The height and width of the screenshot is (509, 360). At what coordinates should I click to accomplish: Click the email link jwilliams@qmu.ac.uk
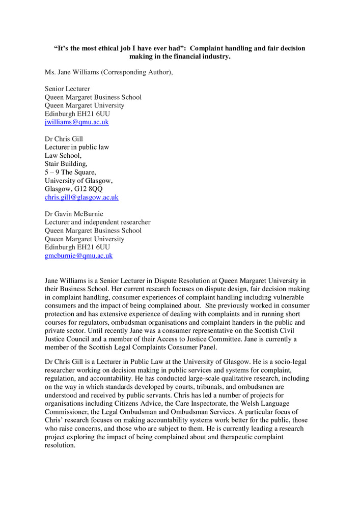pos(76,122)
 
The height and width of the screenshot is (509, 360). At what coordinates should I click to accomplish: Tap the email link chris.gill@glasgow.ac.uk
pos(81,197)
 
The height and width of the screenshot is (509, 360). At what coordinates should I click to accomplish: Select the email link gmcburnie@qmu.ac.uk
pos(78,256)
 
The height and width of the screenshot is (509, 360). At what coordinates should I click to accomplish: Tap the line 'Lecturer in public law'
pos(77,147)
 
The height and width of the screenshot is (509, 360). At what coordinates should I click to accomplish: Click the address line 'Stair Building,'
pos(66,164)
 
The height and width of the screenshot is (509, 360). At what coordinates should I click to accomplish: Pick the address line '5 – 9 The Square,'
pos(70,172)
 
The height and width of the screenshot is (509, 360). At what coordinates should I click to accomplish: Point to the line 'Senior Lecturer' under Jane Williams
pos(67,89)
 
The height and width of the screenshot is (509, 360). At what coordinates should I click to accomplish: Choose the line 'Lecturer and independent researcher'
pos(97,222)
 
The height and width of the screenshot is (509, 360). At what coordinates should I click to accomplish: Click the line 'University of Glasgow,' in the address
pos(78,181)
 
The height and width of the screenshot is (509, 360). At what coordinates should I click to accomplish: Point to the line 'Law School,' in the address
pos(63,156)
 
